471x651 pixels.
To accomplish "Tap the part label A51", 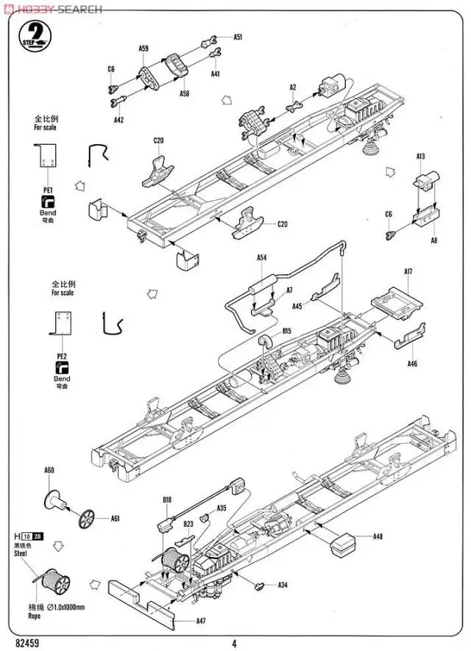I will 238,37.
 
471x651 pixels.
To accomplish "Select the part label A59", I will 144,48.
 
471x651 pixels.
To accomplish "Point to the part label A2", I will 292,87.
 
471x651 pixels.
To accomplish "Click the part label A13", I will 420,157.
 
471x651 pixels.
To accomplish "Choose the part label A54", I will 261,258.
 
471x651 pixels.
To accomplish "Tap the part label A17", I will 408,272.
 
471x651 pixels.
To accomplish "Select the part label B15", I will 287,331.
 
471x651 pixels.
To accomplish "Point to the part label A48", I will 378,536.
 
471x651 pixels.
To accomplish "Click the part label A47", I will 201,621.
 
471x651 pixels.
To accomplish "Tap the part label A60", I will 49,470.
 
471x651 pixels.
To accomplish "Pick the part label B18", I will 167,500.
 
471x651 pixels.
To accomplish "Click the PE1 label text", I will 48,190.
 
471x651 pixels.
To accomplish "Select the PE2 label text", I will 62,356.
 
